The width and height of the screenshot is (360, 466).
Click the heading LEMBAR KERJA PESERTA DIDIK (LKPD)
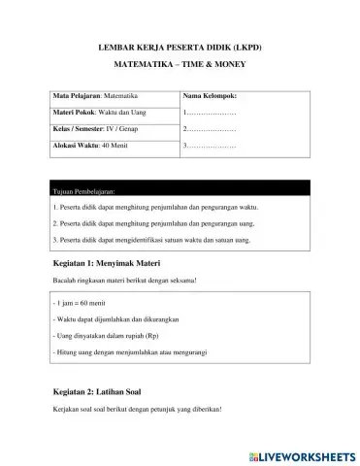(180, 46)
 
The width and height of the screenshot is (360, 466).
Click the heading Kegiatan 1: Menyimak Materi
(104, 263)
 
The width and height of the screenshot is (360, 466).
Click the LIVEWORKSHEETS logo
(304, 454)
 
